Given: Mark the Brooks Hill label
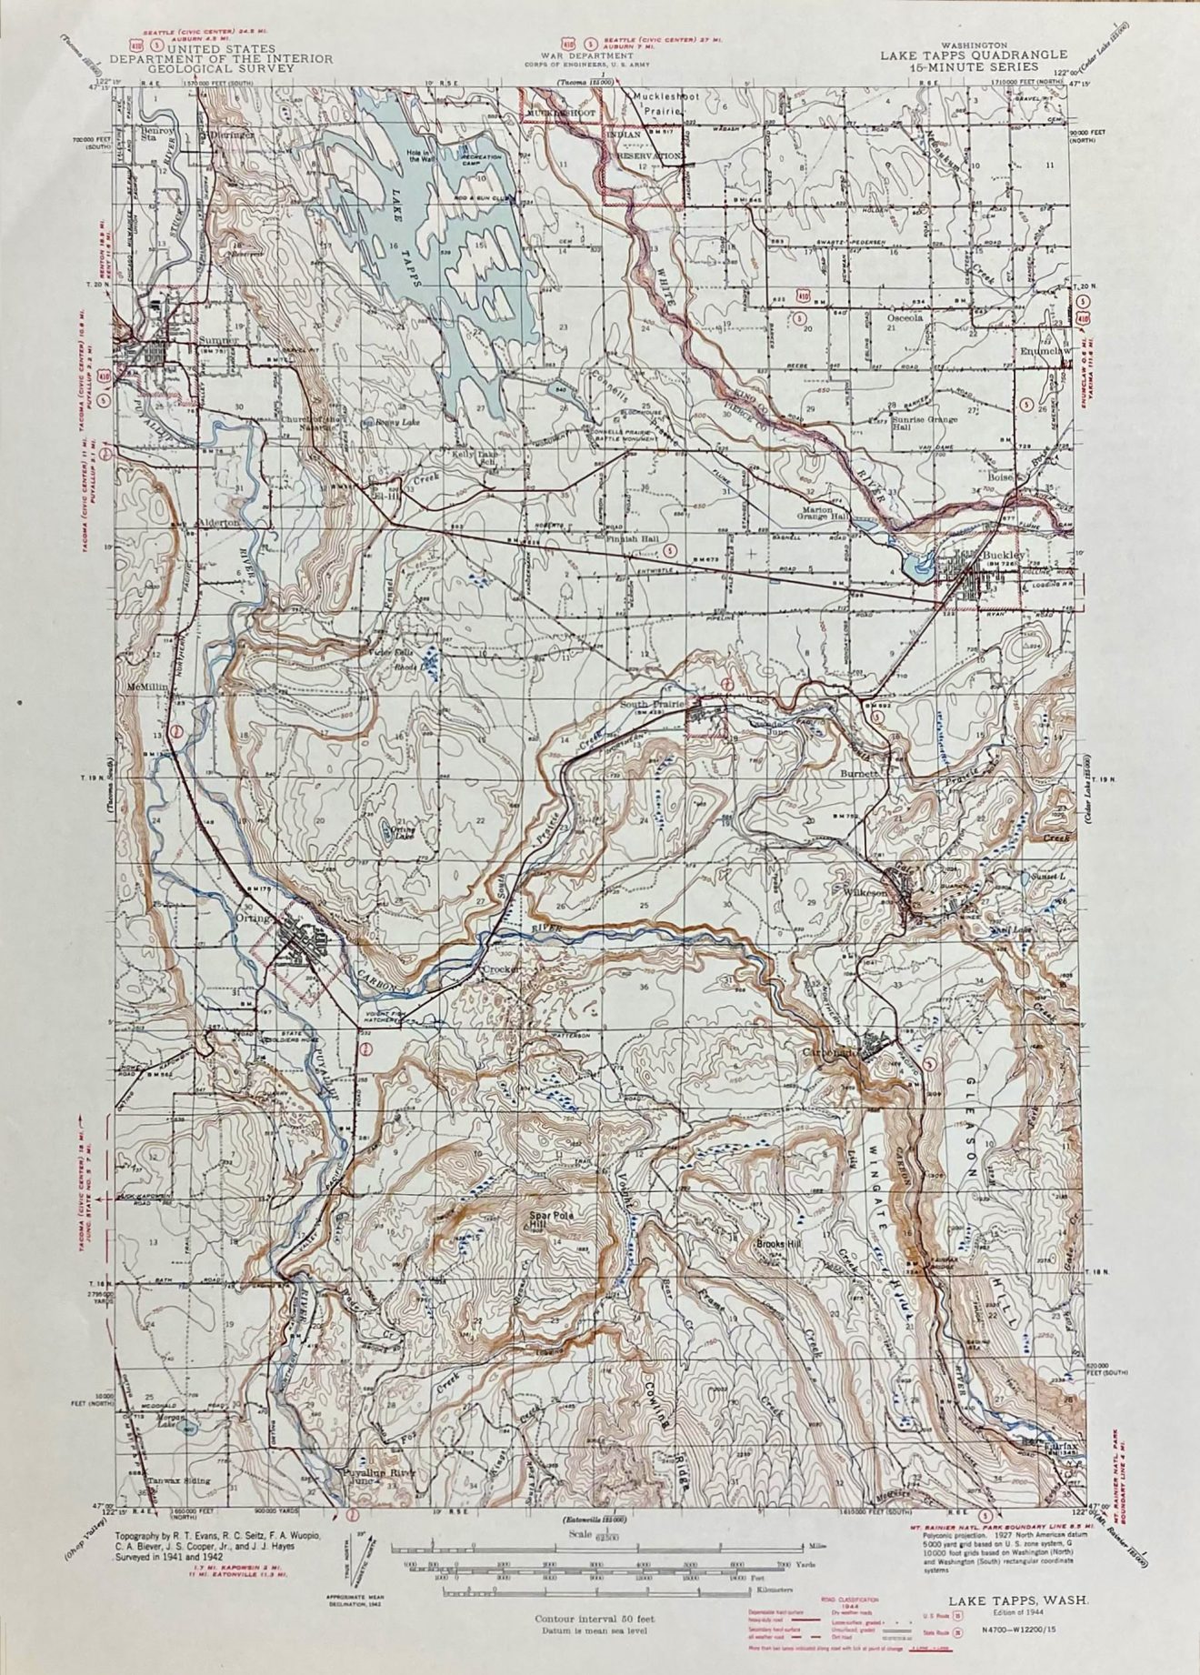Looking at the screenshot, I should point(775,1244).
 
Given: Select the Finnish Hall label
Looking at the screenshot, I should point(634,538).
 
